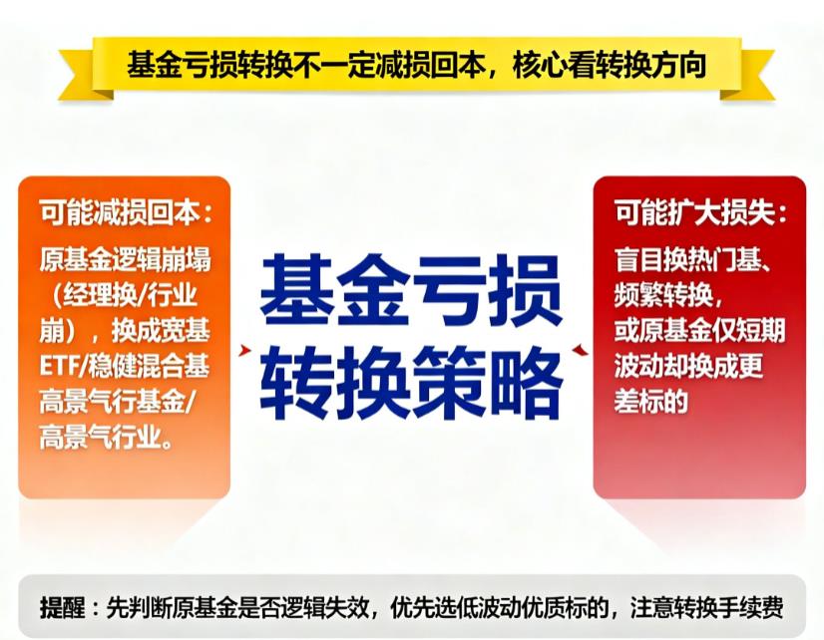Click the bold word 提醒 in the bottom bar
tap(63, 605)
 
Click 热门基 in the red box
tap(726, 260)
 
